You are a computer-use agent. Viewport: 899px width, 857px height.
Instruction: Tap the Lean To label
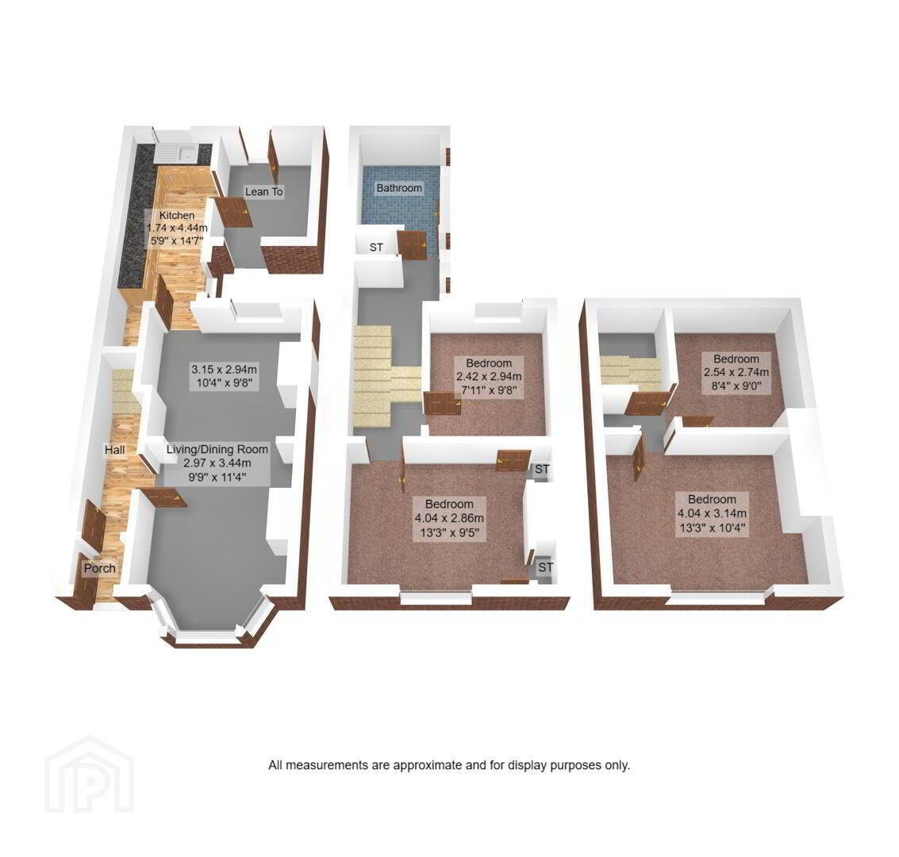coord(263,191)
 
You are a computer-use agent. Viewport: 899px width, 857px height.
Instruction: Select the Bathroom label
coord(399,188)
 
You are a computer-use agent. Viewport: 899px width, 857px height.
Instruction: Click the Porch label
coord(100,568)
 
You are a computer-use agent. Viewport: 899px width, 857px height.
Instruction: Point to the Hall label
coord(115,450)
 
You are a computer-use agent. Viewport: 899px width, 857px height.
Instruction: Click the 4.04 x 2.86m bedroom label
coord(449,518)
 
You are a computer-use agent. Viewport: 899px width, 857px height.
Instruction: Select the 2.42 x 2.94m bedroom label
coord(489,377)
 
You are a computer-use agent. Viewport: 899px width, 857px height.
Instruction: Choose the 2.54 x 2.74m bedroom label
coord(736,372)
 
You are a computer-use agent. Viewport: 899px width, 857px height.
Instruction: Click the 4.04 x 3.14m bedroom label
coord(712,513)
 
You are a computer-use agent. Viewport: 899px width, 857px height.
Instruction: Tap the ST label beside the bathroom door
coord(376,247)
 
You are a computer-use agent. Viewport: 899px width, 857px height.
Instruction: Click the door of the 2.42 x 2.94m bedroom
coord(443,404)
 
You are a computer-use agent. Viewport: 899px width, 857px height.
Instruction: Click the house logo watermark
coord(90,774)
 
